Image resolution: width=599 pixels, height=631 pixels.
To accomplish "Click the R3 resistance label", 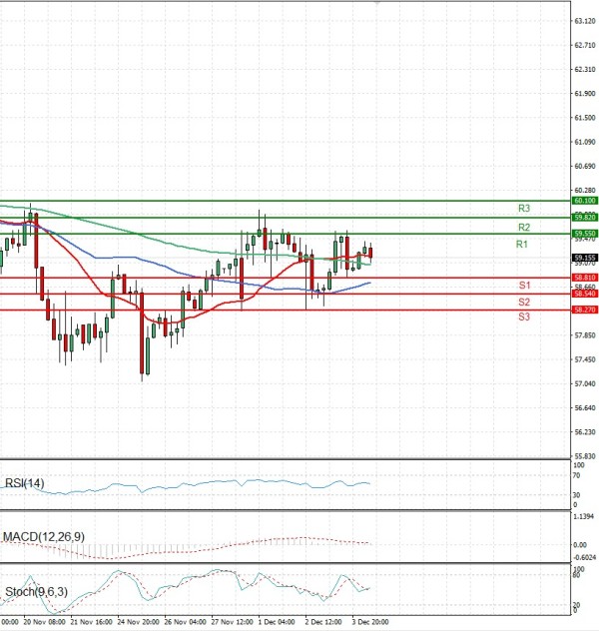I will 523,208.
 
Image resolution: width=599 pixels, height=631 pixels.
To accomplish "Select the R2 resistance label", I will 523,228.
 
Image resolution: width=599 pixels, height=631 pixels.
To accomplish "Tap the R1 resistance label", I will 522,245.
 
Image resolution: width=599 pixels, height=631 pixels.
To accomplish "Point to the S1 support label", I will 523,286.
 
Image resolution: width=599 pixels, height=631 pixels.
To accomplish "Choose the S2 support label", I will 523,302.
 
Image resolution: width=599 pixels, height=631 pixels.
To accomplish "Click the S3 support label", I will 523,316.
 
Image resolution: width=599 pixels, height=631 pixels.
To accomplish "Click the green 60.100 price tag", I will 584,201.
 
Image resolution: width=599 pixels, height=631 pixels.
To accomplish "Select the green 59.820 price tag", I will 584,217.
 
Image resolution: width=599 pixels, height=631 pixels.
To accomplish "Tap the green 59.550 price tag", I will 584,233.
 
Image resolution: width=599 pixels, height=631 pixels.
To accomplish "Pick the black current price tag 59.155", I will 584,257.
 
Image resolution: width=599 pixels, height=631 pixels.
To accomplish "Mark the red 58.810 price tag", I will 584,277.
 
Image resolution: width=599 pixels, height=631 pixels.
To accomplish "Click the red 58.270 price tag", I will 584,310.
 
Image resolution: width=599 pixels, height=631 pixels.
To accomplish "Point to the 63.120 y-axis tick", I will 585,20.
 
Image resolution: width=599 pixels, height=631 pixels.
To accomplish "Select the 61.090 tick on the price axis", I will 585,142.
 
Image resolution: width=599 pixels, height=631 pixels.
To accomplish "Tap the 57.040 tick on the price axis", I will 585,384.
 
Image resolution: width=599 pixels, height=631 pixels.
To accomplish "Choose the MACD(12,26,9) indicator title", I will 43,537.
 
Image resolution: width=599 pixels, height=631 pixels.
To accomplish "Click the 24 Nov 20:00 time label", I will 137,620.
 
